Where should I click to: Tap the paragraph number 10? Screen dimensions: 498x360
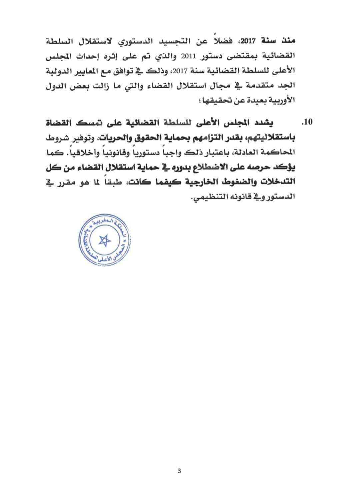(306, 122)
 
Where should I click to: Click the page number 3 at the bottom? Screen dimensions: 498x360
(179, 471)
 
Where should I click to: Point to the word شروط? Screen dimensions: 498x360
(56, 137)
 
